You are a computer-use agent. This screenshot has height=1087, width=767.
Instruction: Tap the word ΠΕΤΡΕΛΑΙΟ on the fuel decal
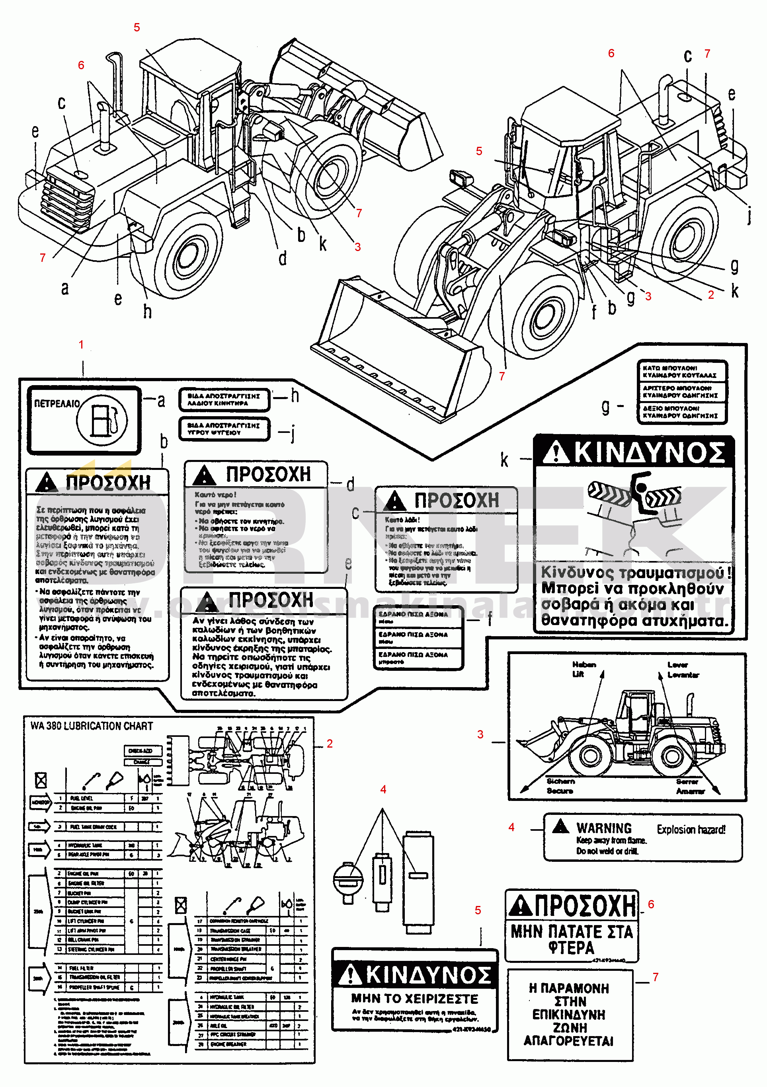[x=57, y=403]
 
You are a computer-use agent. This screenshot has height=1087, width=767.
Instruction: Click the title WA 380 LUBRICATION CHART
[x=92, y=726]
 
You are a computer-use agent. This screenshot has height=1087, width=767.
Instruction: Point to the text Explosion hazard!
[x=691, y=830]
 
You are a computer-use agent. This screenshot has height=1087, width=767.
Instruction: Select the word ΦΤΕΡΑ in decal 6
[x=571, y=947]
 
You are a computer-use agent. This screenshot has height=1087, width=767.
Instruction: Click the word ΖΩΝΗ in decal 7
[x=570, y=1027]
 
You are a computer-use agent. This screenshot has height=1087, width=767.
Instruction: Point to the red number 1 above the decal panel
[x=81, y=345]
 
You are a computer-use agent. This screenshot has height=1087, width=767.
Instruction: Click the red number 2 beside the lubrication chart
[x=330, y=743]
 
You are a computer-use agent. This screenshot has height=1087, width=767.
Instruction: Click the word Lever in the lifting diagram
[x=677, y=665]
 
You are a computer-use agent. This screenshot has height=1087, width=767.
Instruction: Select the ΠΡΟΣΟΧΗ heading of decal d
[x=268, y=474]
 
